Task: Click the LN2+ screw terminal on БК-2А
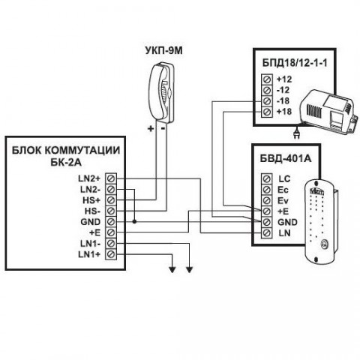pos(111,178)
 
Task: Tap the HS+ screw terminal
pos(111,200)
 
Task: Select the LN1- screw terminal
pos(111,243)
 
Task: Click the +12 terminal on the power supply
pos(267,79)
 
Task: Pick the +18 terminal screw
pos(267,112)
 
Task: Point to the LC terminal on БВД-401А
pos(267,179)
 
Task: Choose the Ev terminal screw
pos(267,200)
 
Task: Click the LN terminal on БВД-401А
pos(267,232)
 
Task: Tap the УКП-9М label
pos(163,51)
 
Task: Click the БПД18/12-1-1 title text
pos(295,63)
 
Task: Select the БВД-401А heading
pos(286,158)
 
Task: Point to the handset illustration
pos(161,91)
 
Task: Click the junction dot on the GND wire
pos(134,222)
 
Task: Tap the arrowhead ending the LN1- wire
pos(190,270)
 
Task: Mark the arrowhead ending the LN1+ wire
pos(172,270)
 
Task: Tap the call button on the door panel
pos(324,244)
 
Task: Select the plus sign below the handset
pos(151,129)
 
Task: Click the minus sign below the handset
pos(163,129)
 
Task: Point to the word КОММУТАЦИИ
pos(83,151)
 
